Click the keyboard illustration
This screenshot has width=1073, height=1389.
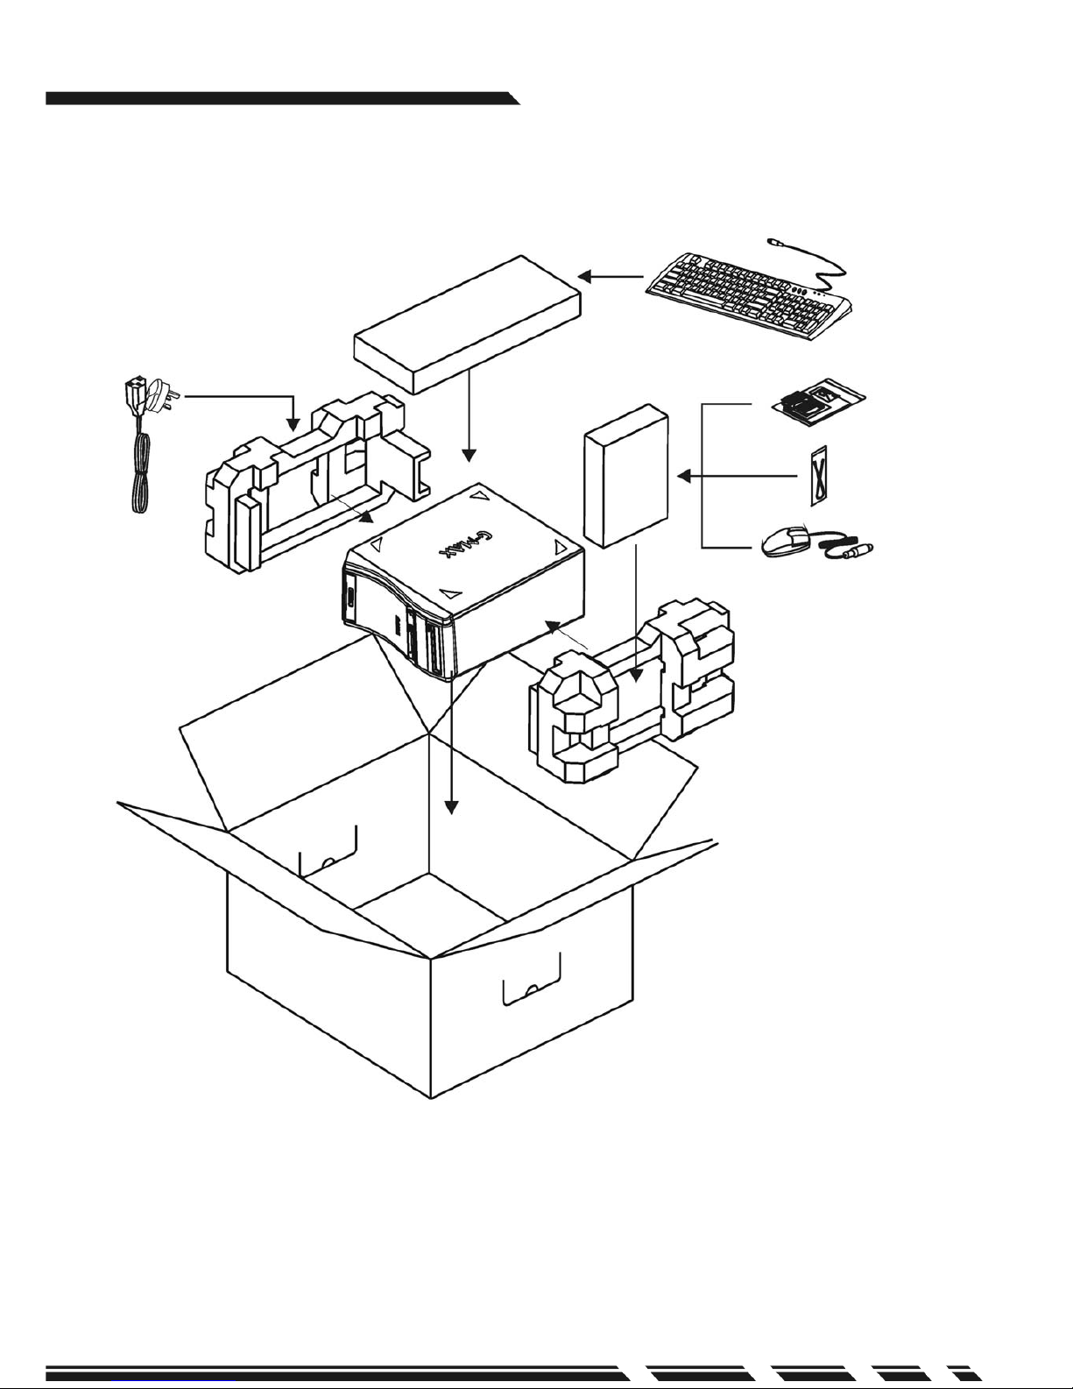[749, 293]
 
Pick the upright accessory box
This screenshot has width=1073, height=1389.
[626, 476]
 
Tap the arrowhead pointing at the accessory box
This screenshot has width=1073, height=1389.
[684, 476]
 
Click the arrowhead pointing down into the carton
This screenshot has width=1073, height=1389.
[452, 804]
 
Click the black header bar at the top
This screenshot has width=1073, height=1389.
[280, 97]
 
